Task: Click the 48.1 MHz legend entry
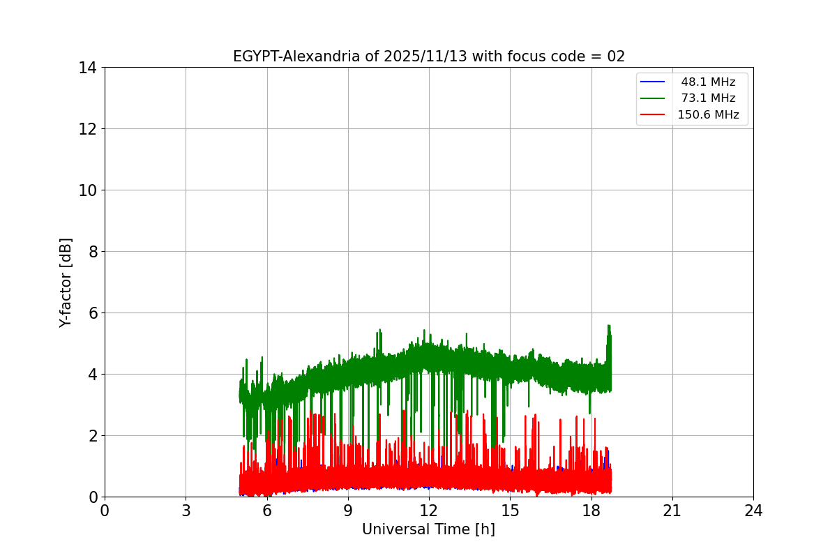pyautogui.click(x=708, y=82)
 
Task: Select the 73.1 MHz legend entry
pyautogui.click(x=708, y=98)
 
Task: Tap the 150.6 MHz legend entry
pyautogui.click(x=708, y=114)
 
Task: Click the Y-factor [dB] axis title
pyautogui.click(x=66, y=282)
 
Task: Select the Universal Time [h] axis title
pyautogui.click(x=428, y=529)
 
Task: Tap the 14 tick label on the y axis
pyautogui.click(x=87, y=68)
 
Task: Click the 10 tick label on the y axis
pyautogui.click(x=87, y=190)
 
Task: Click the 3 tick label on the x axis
pyautogui.click(x=186, y=511)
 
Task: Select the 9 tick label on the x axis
pyautogui.click(x=348, y=511)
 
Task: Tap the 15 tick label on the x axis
pyautogui.click(x=510, y=511)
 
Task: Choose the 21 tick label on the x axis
pyautogui.click(x=672, y=511)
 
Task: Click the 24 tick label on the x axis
pyautogui.click(x=753, y=511)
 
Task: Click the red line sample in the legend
pyautogui.click(x=653, y=114)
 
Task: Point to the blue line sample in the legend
pyautogui.click(x=653, y=82)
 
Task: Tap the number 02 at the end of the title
pyautogui.click(x=616, y=56)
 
